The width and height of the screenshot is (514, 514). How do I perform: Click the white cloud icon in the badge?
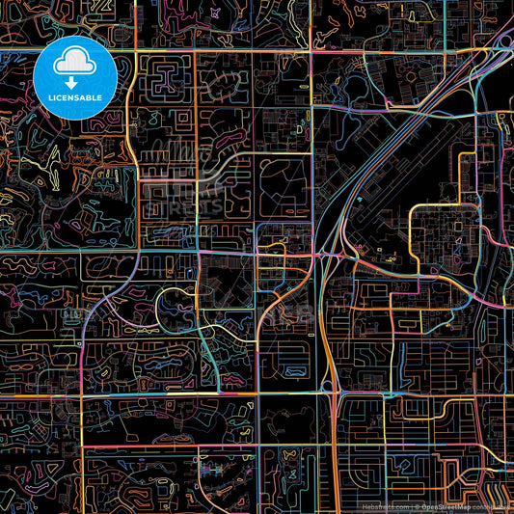coord(75,64)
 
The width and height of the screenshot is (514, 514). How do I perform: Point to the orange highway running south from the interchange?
coord(327,347)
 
